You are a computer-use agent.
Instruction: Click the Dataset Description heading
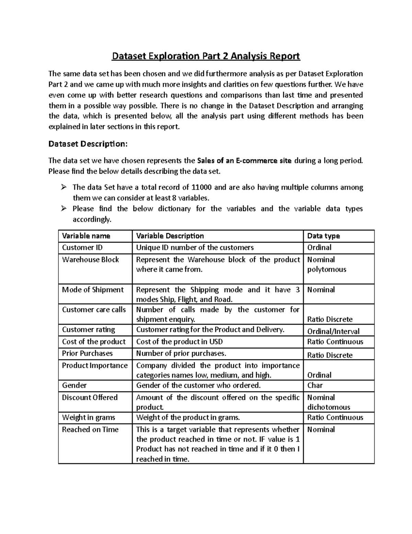[x=88, y=144]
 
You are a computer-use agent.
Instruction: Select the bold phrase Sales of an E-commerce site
[x=244, y=161]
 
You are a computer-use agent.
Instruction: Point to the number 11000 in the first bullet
[x=202, y=187]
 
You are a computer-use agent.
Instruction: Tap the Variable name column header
[x=86, y=236]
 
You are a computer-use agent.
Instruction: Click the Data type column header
[x=323, y=236]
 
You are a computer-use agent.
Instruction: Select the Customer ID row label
[x=82, y=248]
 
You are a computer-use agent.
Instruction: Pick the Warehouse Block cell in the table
[x=90, y=260]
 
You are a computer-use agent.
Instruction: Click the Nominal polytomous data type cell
[x=326, y=264]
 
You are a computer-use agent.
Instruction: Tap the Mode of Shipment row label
[x=93, y=290]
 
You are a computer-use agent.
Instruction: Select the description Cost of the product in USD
[x=179, y=342]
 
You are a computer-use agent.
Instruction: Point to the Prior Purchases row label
[x=87, y=353]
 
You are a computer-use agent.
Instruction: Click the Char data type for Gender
[x=315, y=385]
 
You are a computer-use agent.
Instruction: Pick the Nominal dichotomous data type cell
[x=328, y=402]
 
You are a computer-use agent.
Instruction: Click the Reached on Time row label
[x=90, y=429]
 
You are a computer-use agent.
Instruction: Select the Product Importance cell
[x=95, y=366]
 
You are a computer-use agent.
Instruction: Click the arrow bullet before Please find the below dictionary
[x=64, y=209]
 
